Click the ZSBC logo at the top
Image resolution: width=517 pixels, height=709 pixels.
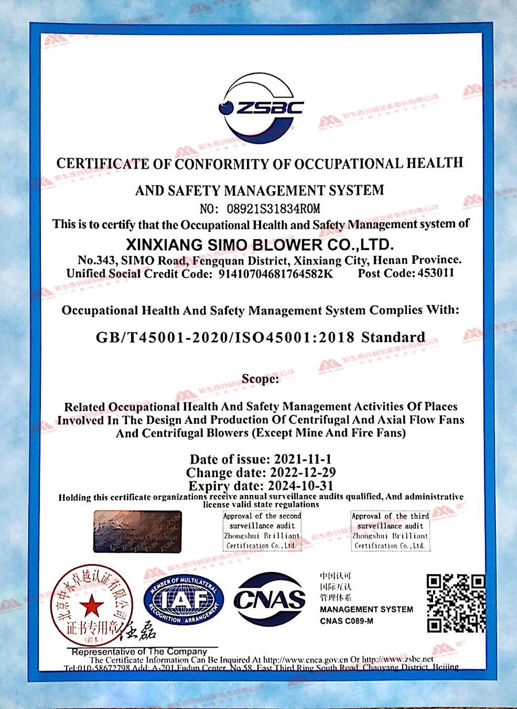coord(260,107)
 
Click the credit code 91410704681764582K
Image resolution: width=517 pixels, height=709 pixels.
coord(276,274)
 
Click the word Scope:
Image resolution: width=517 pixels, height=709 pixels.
coord(260,379)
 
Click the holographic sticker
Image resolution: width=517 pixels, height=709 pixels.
coord(137,531)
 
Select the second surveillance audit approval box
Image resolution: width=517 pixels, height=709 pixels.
coord(262,531)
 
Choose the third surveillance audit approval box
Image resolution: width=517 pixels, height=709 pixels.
coord(391,531)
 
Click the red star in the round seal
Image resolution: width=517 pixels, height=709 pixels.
coord(92,606)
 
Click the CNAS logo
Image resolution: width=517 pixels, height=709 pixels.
coord(269,599)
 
